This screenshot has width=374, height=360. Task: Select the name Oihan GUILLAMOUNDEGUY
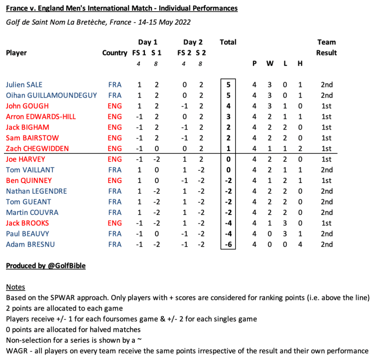[x=51, y=95]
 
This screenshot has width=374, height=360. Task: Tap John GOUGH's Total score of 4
[x=228, y=106]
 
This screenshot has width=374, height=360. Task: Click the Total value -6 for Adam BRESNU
[x=228, y=244]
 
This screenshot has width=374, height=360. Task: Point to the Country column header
[x=114, y=52]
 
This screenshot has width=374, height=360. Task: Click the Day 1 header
[x=148, y=42]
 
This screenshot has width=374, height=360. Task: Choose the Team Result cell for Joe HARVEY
[x=327, y=159]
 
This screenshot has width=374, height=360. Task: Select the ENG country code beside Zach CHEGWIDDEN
[x=114, y=148]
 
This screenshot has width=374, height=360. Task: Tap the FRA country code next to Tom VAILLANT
[x=114, y=170]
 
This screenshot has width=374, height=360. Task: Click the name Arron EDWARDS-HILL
[x=41, y=116]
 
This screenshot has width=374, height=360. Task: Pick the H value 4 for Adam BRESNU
[x=300, y=244]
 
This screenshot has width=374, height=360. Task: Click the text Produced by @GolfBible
[x=45, y=266]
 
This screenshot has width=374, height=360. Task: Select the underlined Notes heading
[x=15, y=287]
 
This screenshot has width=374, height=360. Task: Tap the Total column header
[x=228, y=42]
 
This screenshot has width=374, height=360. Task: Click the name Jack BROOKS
[x=27, y=223]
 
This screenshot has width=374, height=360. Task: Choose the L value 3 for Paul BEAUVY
[x=285, y=233]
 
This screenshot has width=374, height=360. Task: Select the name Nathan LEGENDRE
[x=36, y=191]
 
